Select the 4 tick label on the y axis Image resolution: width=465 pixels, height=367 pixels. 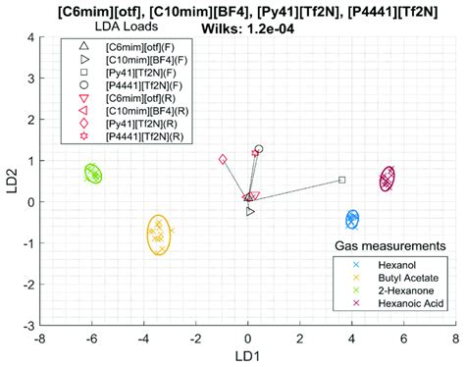[29, 37]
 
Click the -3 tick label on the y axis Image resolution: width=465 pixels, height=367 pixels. [27, 325]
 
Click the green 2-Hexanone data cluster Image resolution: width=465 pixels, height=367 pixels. [92, 174]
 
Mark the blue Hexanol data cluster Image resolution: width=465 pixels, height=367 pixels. [353, 220]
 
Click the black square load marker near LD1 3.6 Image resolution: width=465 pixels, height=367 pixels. [341, 180]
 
